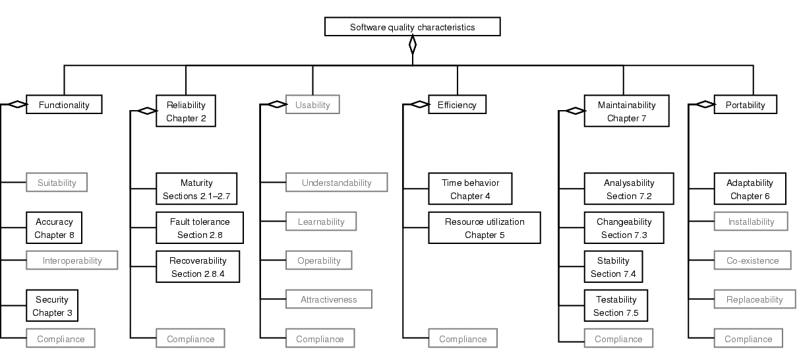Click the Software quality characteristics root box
pos(413,27)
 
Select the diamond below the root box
pos(413,45)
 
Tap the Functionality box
pos(64,105)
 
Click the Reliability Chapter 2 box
pos(186,111)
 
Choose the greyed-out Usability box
pos(312,105)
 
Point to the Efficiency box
pos(457,105)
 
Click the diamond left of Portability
pos(705,104)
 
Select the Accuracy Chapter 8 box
pos(54,228)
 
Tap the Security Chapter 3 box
pos(52,306)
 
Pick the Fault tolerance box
pos(200,228)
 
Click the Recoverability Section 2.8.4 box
pos(198,267)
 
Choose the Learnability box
pos(321,222)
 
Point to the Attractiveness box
pos(328,299)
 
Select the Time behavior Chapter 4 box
pos(470,189)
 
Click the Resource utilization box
pos(485,228)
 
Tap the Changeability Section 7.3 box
pos(624,228)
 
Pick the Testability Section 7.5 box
pos(616,306)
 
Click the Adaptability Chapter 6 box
pos(750,189)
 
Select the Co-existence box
pos(752,260)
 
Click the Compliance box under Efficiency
pos(462,339)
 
